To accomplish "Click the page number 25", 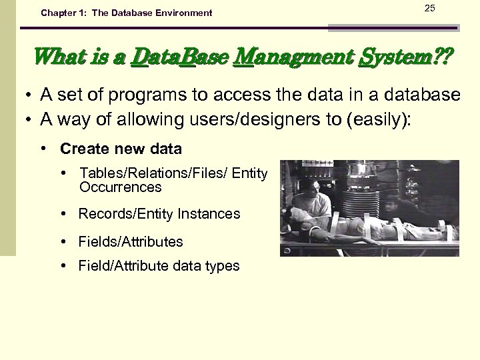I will click(x=429, y=8).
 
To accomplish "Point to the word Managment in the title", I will click(x=292, y=59).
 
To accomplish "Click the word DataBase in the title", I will click(x=175, y=59).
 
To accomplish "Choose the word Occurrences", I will click(x=120, y=187).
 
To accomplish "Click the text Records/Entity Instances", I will click(x=159, y=214).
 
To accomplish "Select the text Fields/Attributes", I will click(x=130, y=241).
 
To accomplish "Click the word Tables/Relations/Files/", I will click(x=152, y=173).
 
